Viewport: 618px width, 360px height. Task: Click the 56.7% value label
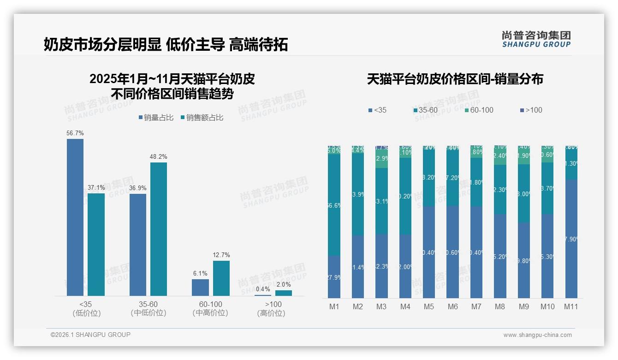point(75,133)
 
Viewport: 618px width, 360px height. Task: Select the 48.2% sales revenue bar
point(159,229)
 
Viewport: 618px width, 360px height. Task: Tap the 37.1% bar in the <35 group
point(96,244)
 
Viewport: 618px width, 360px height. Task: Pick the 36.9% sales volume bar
point(138,245)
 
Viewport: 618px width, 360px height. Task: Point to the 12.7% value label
point(221,255)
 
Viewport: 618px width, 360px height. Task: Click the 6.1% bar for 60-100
point(200,287)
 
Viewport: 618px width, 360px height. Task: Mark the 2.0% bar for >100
point(284,293)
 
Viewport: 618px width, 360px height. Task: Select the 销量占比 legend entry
point(156,118)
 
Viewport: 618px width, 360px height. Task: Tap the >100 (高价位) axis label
point(273,308)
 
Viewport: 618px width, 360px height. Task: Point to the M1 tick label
point(334,306)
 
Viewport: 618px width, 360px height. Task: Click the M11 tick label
point(571,306)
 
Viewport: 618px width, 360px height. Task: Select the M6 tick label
point(452,306)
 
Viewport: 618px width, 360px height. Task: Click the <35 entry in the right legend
point(378,110)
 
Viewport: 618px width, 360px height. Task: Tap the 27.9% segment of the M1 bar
point(334,277)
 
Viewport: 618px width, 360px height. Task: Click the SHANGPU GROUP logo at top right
point(536,39)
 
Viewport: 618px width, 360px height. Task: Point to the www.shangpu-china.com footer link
point(537,335)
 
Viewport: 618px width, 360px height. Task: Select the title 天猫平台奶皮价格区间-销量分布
point(455,79)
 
